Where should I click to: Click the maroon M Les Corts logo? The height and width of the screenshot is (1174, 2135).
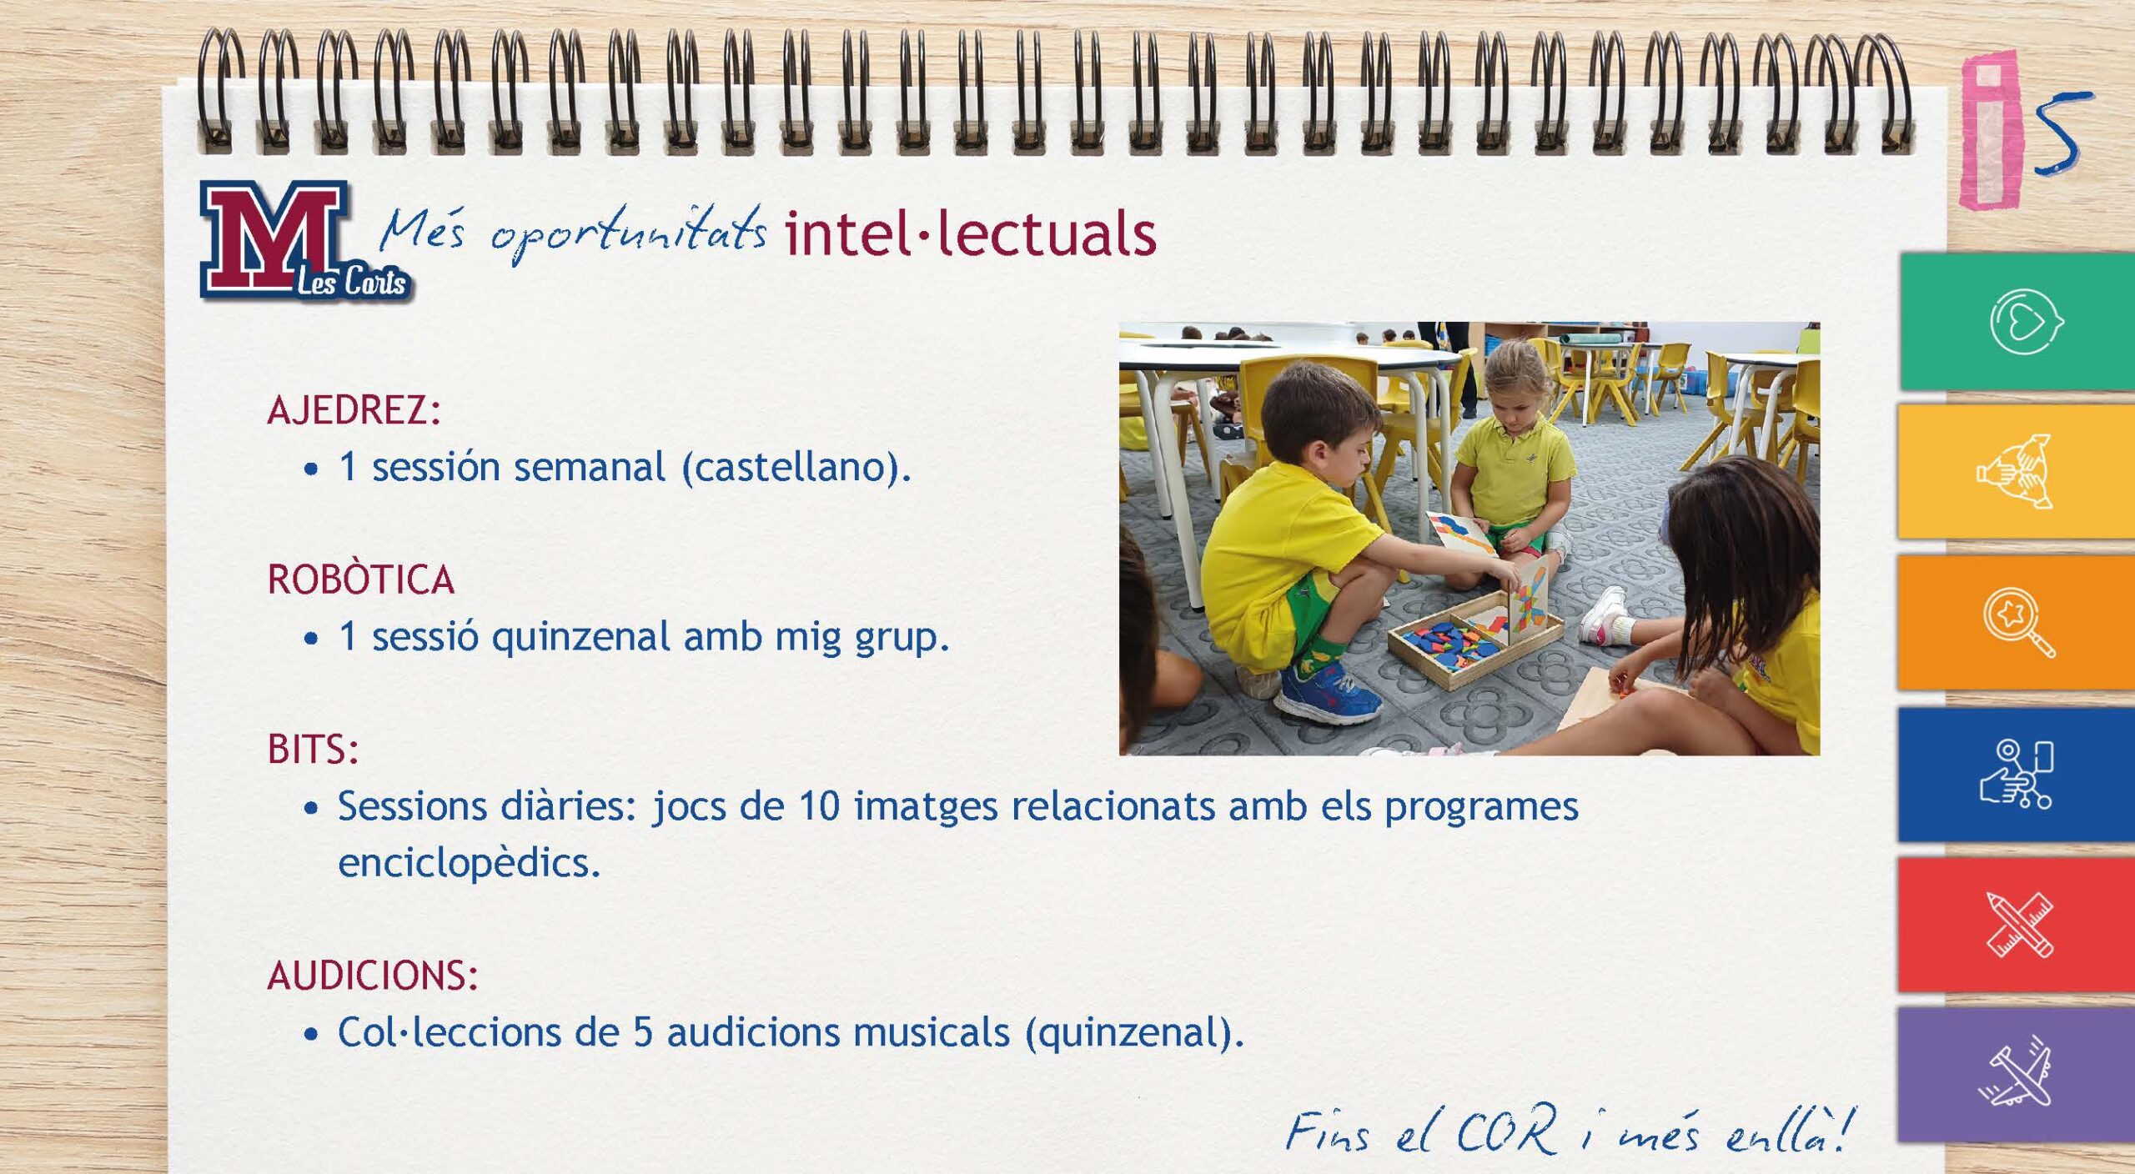tap(305, 240)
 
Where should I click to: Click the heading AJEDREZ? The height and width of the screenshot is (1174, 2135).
tap(354, 410)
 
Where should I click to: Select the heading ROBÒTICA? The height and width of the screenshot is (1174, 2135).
tap(361, 579)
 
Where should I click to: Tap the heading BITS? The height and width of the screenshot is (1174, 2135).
tap(313, 749)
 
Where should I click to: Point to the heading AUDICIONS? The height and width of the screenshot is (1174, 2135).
tap(373, 976)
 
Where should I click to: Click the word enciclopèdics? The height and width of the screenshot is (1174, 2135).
tap(469, 863)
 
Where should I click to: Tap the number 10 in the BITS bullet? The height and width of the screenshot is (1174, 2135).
tap(819, 806)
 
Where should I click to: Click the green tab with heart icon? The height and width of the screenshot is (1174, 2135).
tap(2017, 321)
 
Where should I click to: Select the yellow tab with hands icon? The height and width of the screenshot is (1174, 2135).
tap(2017, 471)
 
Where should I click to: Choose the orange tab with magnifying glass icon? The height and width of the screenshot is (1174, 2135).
tap(2017, 622)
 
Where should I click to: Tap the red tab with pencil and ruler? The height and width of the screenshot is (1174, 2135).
tap(2017, 925)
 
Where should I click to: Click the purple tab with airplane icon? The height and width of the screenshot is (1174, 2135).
tap(2017, 1075)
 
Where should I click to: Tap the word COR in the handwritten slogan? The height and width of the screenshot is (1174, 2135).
tap(1507, 1131)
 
